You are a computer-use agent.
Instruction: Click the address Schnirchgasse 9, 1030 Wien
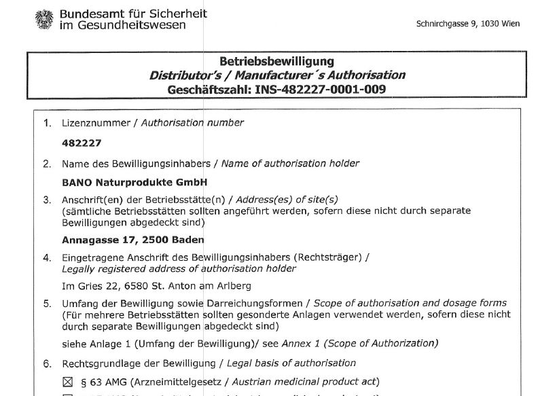tap(467, 24)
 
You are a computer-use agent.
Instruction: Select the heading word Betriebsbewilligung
tap(276, 62)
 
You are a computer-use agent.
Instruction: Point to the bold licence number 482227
tap(76, 143)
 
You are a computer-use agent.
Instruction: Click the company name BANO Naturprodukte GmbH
tap(134, 182)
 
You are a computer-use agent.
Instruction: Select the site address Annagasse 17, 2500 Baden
tap(132, 240)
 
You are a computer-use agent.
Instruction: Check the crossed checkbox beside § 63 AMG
tap(67, 381)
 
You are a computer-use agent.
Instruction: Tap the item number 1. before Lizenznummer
tap(47, 123)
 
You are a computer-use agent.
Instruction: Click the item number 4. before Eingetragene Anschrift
tap(47, 257)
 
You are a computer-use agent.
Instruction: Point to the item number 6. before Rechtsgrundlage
tap(47, 363)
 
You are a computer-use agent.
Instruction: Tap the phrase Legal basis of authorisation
tap(291, 363)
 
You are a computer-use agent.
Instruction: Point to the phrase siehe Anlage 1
tap(93, 343)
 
